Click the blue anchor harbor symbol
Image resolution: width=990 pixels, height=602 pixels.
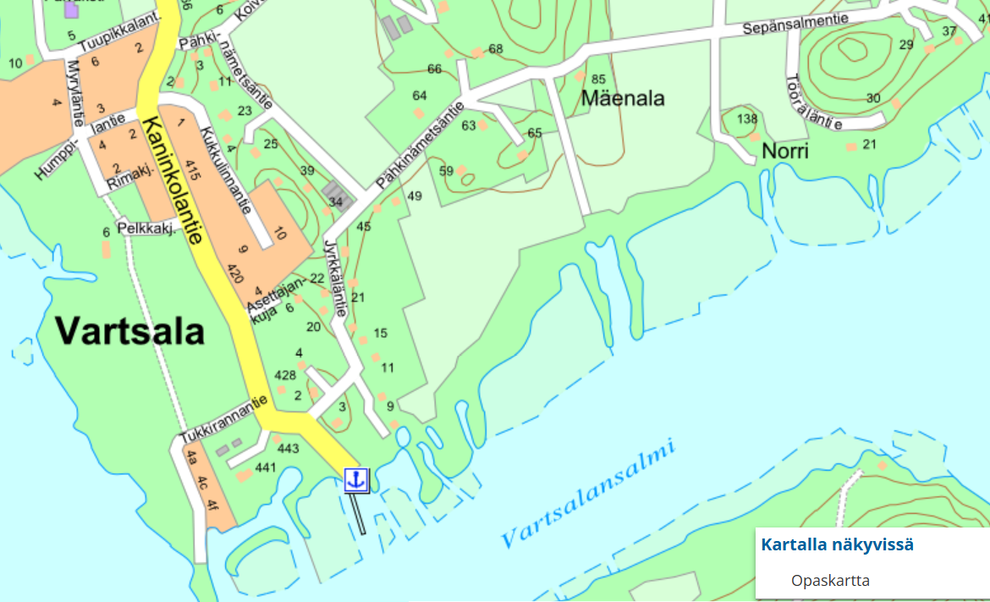pos(356,479)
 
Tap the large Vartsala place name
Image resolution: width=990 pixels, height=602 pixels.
pos(130,330)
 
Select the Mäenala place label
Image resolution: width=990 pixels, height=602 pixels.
pos(623,99)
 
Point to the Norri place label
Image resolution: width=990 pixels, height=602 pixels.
pos(785,152)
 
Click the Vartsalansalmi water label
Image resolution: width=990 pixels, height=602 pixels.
pos(589,494)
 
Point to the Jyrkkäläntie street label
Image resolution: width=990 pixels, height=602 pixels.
pos(335,279)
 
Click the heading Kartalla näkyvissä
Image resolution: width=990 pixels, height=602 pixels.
pos(837,544)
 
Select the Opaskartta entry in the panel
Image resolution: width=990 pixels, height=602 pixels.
pos(830,580)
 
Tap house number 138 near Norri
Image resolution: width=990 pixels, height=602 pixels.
pos(747,118)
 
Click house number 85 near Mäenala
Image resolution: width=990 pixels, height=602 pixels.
pos(599,79)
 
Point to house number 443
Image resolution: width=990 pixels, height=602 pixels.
pos(288,448)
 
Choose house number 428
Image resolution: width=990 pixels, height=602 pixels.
pos(285,374)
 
